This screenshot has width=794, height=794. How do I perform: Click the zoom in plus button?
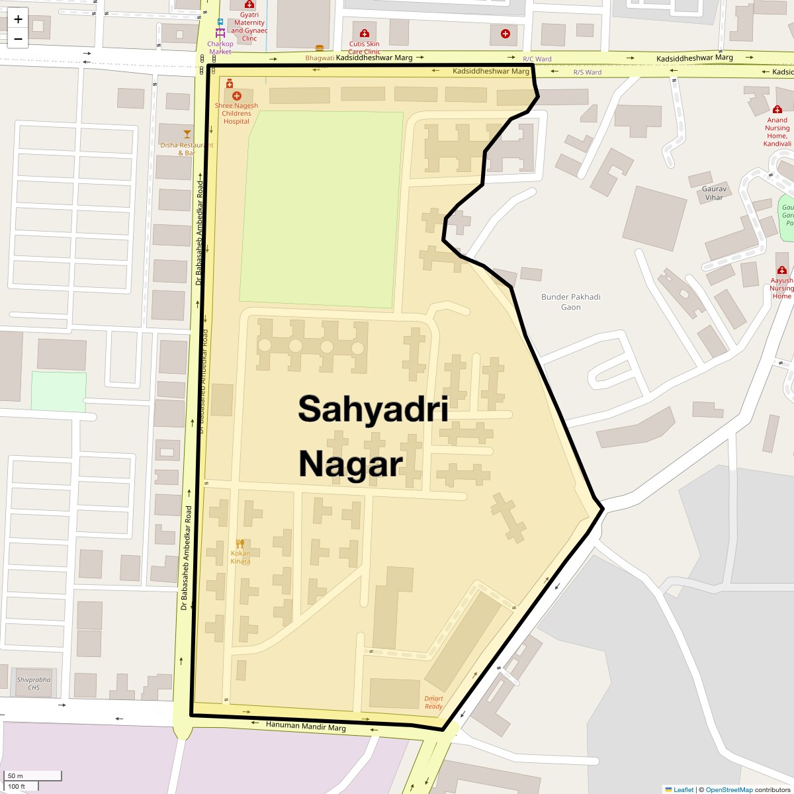[18, 19]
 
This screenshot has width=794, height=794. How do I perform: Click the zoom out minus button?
[18, 38]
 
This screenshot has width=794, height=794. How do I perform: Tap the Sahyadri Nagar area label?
[373, 435]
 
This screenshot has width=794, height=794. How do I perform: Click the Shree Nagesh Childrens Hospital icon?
[237, 96]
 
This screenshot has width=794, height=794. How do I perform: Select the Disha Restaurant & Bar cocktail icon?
[187, 134]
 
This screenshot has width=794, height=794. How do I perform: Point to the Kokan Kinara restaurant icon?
[240, 544]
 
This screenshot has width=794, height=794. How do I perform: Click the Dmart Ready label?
[433, 703]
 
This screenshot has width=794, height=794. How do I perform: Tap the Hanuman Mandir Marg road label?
[306, 727]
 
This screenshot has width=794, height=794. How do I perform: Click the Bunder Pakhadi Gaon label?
[571, 302]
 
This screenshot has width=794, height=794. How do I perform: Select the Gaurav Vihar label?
[714, 193]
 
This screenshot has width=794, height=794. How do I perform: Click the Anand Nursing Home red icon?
[778, 109]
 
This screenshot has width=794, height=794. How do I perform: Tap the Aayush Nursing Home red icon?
[782, 271]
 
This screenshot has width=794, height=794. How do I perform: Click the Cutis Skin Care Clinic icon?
[364, 34]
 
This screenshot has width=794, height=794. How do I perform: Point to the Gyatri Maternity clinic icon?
[249, 5]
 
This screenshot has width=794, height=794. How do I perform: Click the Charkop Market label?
[220, 48]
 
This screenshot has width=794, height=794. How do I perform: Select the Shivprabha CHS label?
[34, 684]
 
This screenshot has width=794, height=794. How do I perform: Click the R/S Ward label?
[587, 72]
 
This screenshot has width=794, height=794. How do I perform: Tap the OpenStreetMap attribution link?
[728, 789]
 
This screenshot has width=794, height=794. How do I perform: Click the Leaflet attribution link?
[684, 789]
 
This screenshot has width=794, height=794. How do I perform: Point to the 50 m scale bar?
[33, 775]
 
